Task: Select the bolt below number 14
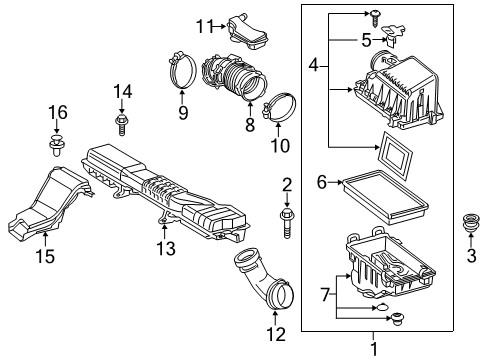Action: tap(122, 124)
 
